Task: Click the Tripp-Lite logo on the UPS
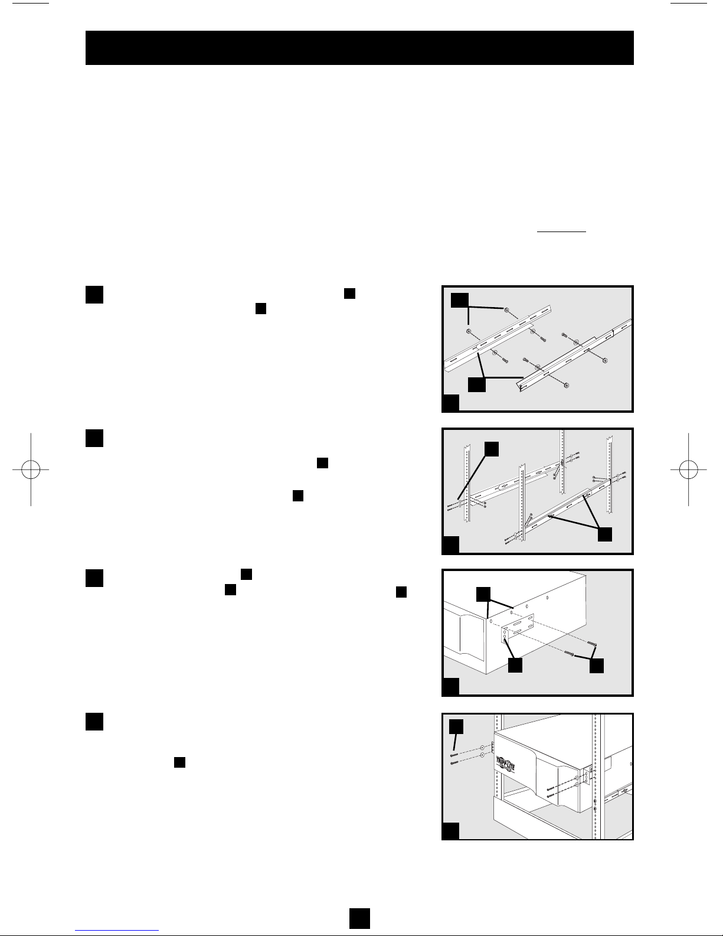[x=505, y=765]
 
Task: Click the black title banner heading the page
[x=359, y=48]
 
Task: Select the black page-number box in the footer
[x=359, y=918]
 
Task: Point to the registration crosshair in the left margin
[x=31, y=469]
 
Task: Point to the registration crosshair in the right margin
[x=688, y=469]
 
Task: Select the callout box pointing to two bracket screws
[x=597, y=666]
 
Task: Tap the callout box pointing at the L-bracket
[x=515, y=665]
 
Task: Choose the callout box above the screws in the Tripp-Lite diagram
[x=456, y=726]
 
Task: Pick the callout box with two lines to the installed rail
[x=605, y=534]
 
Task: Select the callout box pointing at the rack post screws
[x=492, y=449]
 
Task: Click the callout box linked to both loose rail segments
[x=477, y=384]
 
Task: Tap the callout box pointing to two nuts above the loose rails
[x=460, y=300]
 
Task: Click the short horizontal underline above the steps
[x=562, y=231]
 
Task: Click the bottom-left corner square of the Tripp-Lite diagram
[x=450, y=831]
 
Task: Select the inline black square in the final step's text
[x=179, y=762]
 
